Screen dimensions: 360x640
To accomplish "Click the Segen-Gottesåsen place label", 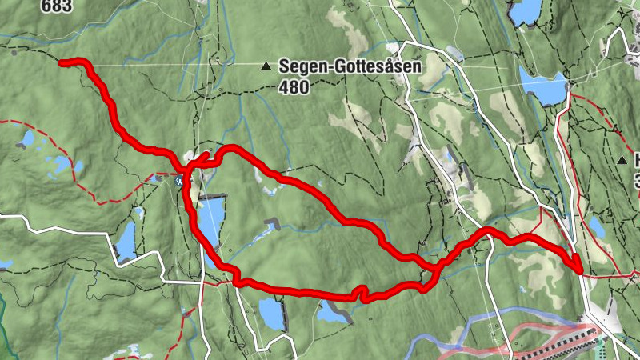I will point(350,67).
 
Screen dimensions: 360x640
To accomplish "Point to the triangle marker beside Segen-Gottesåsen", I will point(266,67).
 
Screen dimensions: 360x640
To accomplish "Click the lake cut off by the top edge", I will point(526,10).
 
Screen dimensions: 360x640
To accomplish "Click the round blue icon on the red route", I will point(179,182).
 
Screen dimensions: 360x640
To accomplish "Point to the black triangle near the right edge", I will point(622,161).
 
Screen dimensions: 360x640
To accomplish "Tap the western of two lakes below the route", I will point(271,314).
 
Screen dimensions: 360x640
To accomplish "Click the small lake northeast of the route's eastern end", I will point(597,227).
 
